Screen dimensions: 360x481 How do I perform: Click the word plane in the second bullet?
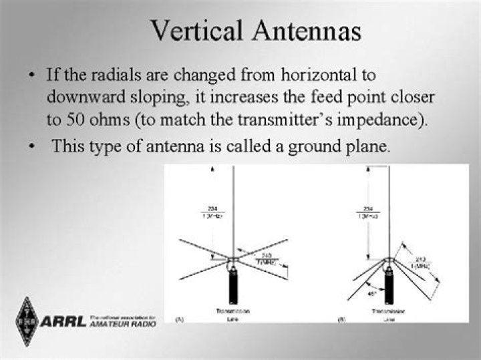point(367,146)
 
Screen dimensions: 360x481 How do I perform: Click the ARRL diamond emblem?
point(27,321)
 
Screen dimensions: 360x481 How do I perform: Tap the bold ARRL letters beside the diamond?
point(63,321)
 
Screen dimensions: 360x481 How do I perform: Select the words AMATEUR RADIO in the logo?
point(122,324)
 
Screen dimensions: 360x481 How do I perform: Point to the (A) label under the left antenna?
point(179,320)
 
